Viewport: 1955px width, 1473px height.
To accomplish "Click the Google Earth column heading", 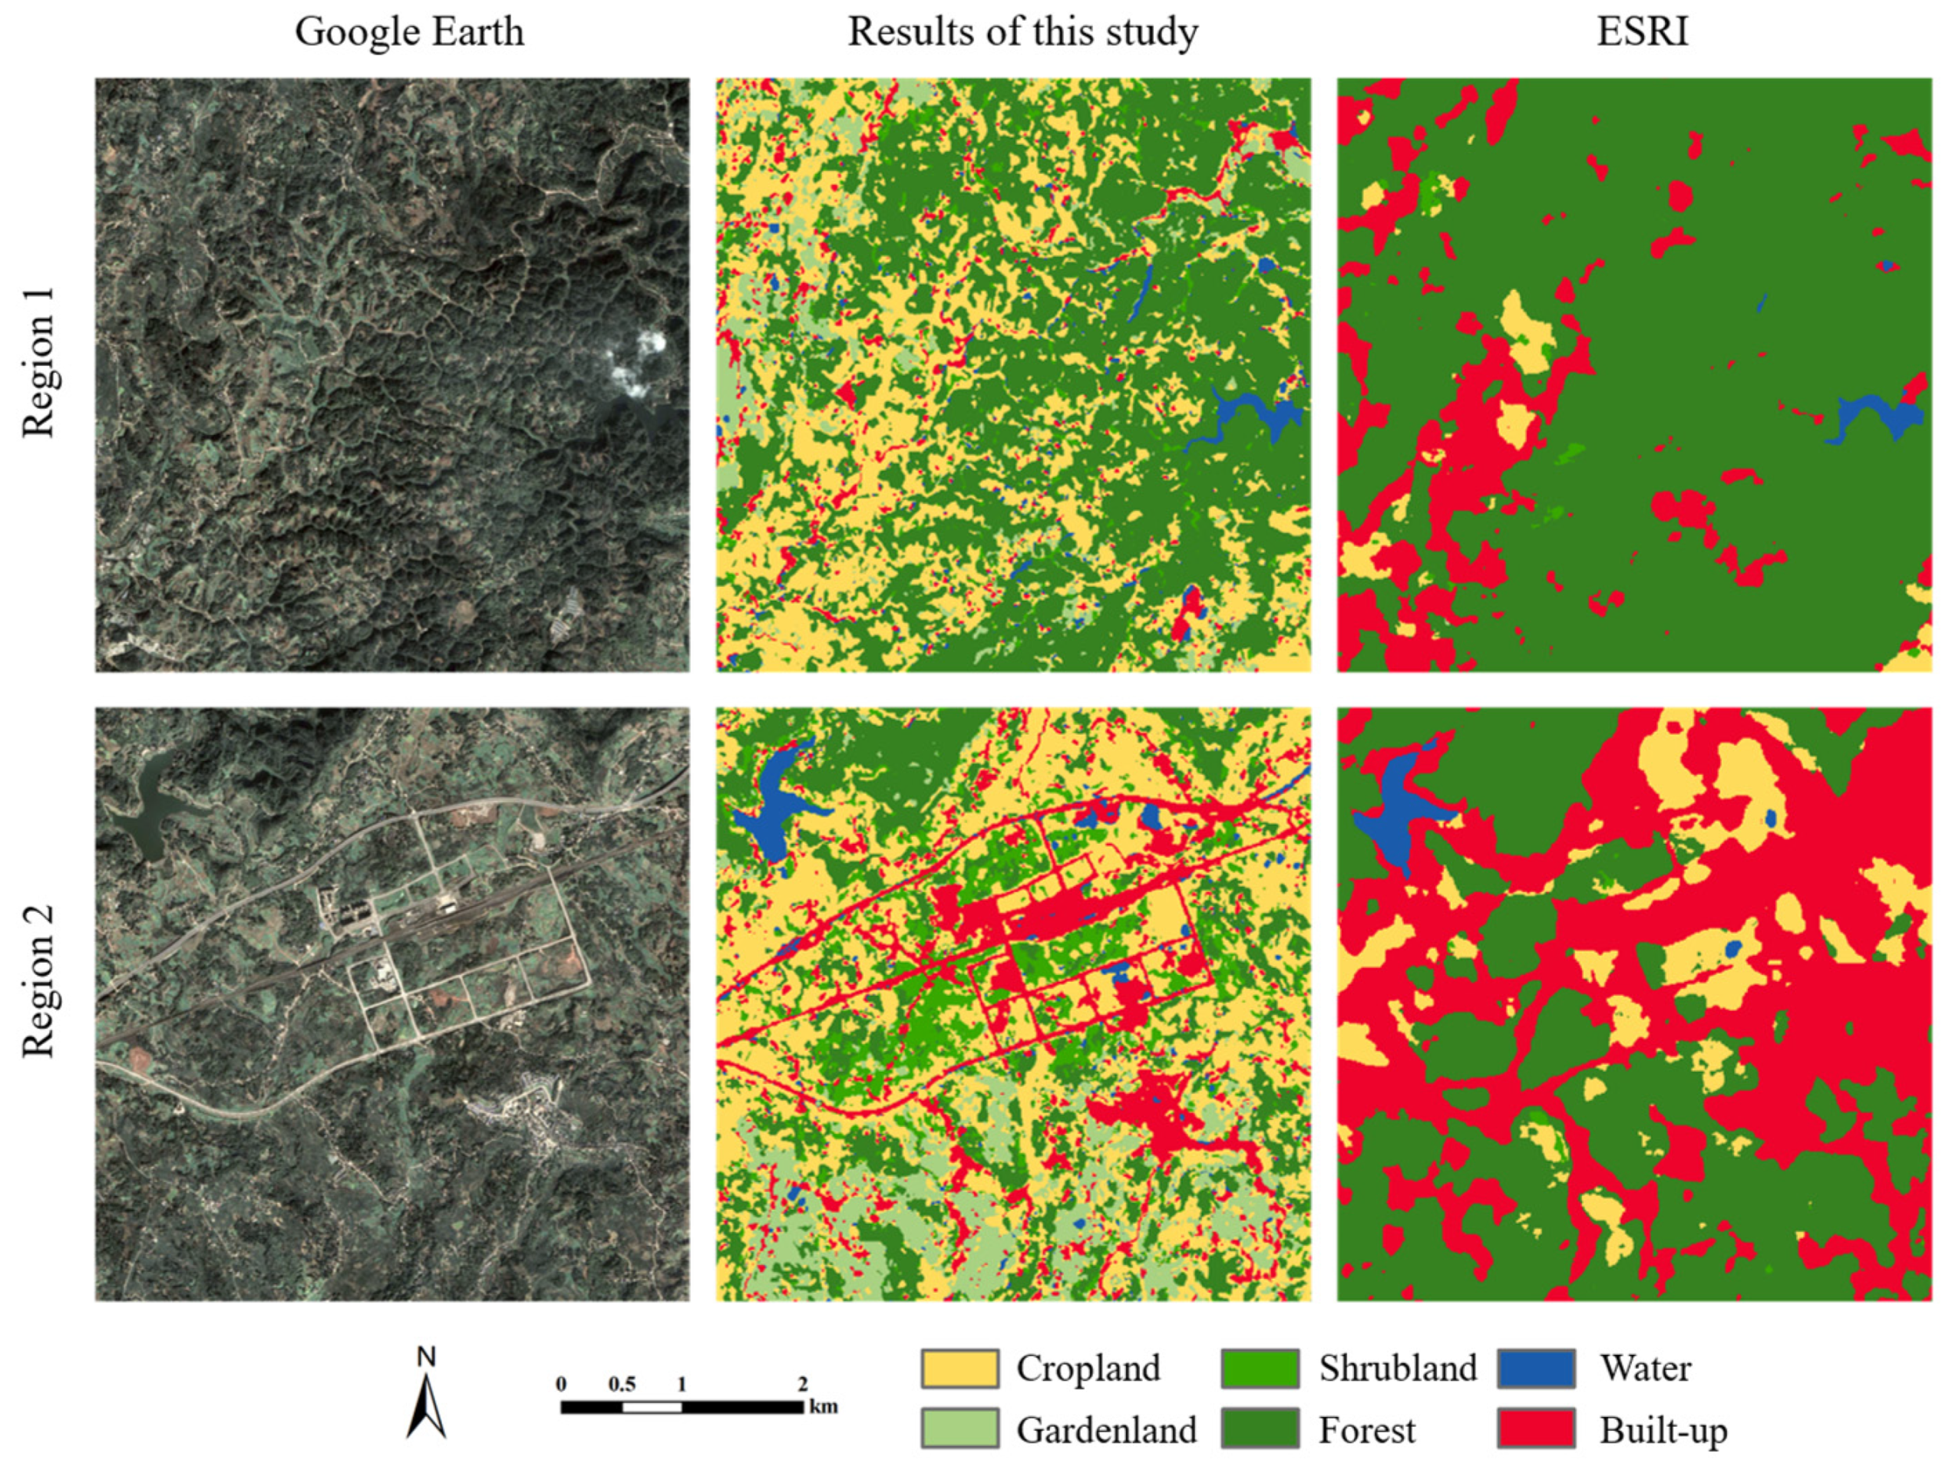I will click(x=409, y=31).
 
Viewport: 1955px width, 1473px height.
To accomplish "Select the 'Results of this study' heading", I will click(x=1022, y=31).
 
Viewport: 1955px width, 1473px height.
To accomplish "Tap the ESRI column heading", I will click(x=1642, y=31).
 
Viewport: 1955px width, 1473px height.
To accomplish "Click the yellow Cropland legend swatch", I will click(x=959, y=1369).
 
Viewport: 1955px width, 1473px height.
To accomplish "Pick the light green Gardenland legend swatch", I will click(x=959, y=1429).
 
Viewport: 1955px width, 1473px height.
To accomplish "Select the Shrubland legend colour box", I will click(x=1260, y=1369).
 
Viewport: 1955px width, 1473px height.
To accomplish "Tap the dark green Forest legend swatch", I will click(x=1260, y=1429).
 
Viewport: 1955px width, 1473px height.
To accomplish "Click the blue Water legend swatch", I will click(x=1536, y=1369).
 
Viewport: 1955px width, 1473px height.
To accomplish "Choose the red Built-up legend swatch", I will click(x=1536, y=1429).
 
